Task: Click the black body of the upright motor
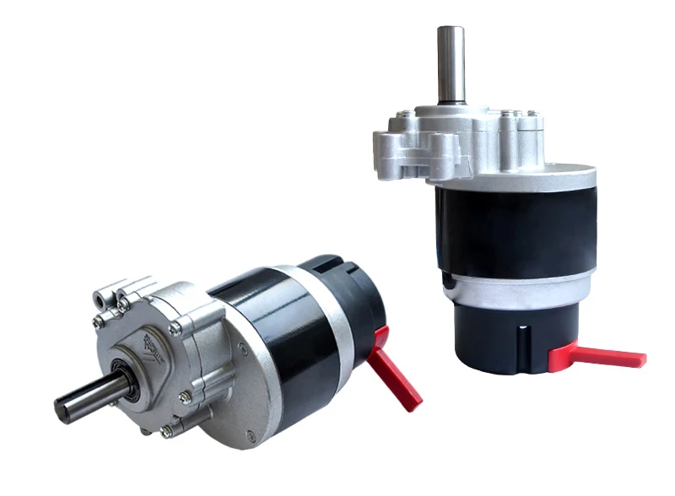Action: tap(515, 224)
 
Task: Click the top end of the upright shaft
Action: tap(451, 30)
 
